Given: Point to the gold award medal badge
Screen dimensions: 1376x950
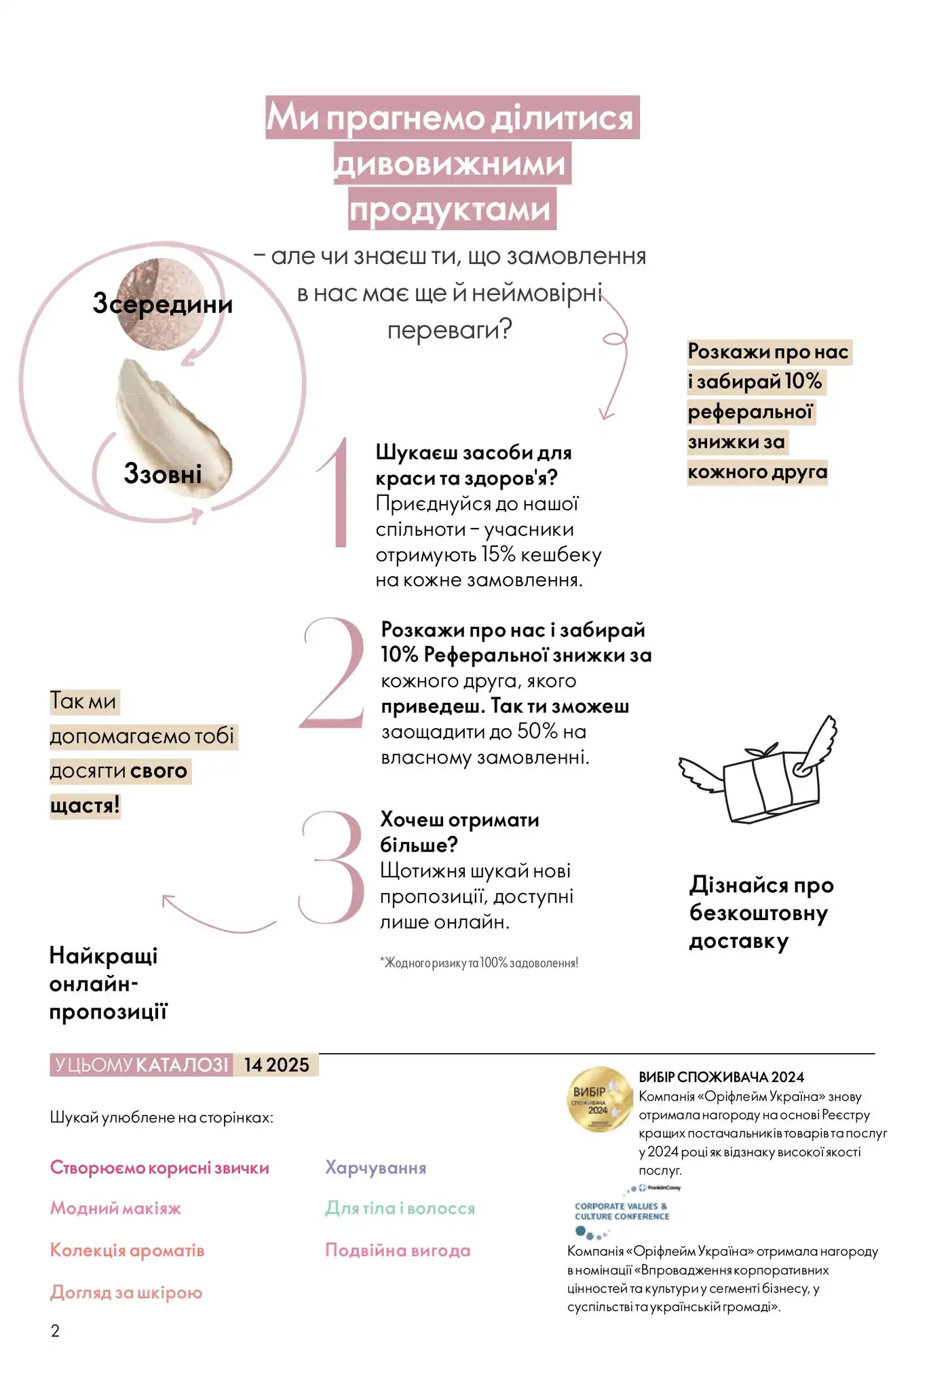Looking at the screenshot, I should click(x=599, y=1099).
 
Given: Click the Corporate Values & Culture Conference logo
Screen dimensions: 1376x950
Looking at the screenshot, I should click(x=622, y=1211).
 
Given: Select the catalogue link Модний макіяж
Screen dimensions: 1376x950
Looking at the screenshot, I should click(x=115, y=1208).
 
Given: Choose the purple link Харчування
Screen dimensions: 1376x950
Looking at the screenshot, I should click(x=375, y=1168).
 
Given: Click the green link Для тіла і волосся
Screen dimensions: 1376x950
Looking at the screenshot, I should click(x=400, y=1208).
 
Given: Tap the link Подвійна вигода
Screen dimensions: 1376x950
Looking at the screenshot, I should click(x=398, y=1250).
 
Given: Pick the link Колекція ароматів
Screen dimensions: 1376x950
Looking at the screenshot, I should click(x=127, y=1250).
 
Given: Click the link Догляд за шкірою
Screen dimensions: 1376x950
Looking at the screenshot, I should click(x=126, y=1293).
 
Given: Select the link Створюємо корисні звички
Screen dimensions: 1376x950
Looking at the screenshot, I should click(x=159, y=1168).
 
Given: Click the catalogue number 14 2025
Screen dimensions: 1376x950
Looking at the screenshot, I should click(x=276, y=1065).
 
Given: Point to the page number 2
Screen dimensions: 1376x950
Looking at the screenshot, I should click(x=55, y=1331).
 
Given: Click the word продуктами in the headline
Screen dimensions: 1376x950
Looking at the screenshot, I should click(x=452, y=210).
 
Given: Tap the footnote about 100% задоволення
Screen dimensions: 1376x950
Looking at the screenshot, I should click(x=479, y=963).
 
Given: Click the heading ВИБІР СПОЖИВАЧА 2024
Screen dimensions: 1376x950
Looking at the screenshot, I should click(x=721, y=1077).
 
